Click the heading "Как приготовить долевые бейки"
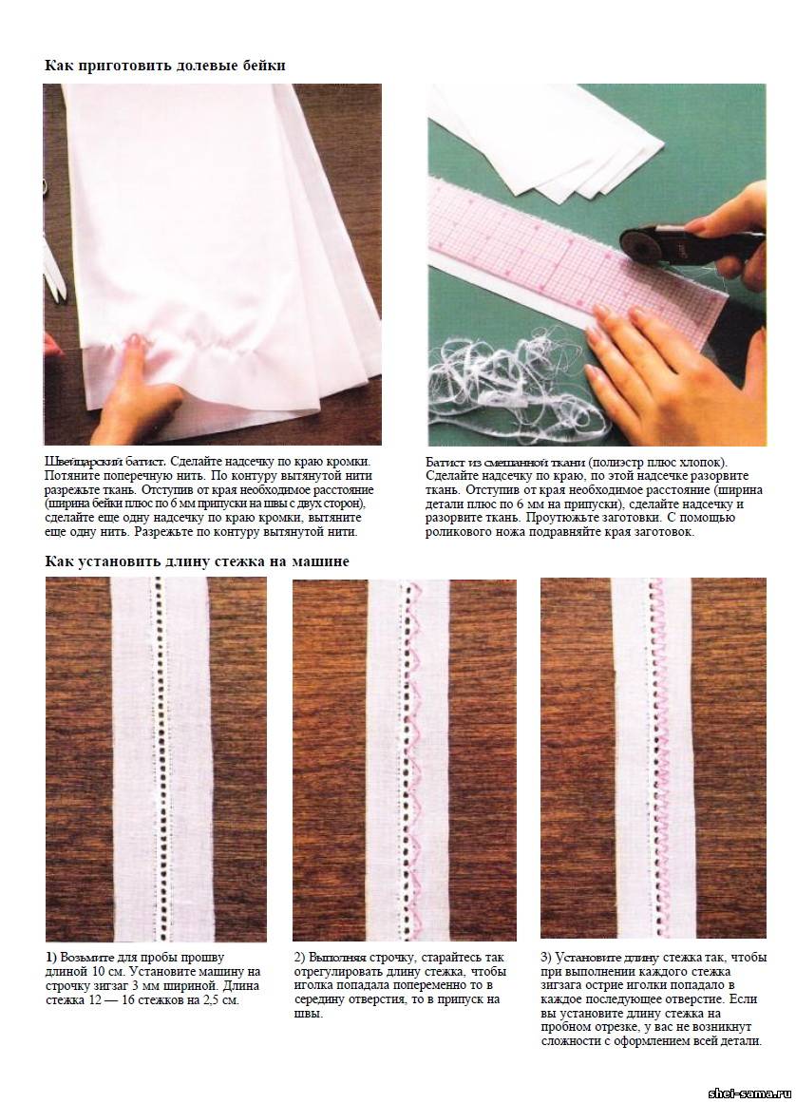pos(165,66)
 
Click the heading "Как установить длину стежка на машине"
pos(197,561)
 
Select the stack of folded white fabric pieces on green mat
pos(548,141)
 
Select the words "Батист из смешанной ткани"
pos(505,462)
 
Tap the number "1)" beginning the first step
pos(51,958)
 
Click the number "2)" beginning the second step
pos(300,958)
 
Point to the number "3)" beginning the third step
pos(547,958)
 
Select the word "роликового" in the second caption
pos(461,531)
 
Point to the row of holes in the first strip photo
pos(161,760)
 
